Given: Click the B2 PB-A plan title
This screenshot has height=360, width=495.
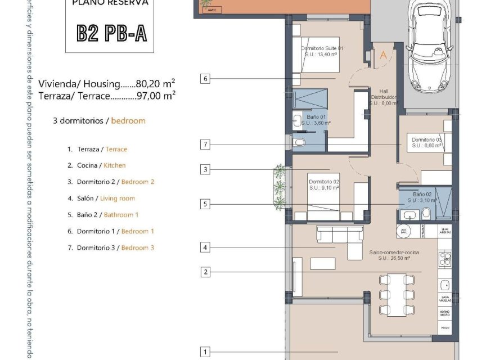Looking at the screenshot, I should [x=111, y=34].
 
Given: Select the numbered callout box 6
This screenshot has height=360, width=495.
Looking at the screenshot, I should [x=206, y=79].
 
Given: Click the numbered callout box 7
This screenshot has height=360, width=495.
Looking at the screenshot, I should [x=206, y=145].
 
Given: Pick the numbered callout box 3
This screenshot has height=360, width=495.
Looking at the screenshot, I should [x=206, y=169].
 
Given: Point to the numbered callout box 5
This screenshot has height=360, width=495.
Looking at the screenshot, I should [x=206, y=205].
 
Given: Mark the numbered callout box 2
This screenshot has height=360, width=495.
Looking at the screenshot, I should [x=206, y=272].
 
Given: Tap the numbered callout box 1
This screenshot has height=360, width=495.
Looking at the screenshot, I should [x=206, y=352].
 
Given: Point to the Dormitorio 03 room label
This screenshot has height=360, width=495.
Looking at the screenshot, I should [x=427, y=142].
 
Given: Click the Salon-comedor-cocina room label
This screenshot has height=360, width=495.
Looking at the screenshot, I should [x=394, y=256].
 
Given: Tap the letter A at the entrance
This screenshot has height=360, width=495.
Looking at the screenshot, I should [x=384, y=55].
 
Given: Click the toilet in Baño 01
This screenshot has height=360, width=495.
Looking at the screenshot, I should [x=299, y=143].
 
